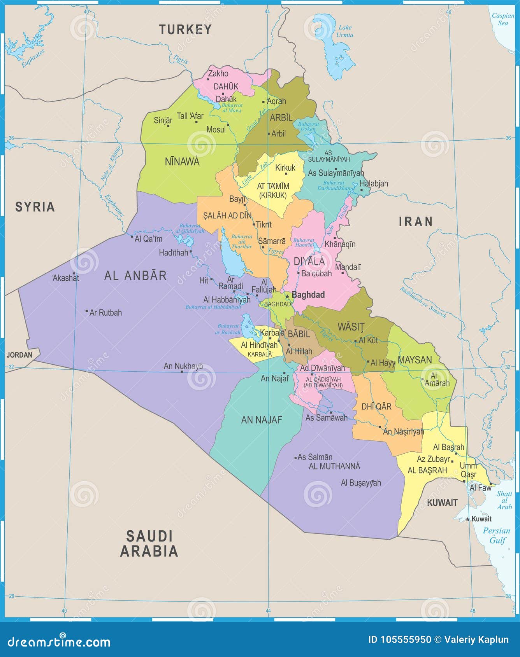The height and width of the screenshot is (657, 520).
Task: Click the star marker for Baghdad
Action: (x=287, y=296)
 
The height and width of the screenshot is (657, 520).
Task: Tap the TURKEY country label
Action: (x=185, y=30)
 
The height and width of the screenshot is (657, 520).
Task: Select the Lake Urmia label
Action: (x=345, y=31)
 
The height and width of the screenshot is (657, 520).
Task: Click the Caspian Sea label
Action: (x=503, y=19)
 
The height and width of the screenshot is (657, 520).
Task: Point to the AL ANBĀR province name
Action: (x=135, y=276)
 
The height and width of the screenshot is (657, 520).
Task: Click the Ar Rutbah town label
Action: (x=105, y=313)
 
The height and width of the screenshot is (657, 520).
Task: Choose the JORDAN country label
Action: (x=19, y=355)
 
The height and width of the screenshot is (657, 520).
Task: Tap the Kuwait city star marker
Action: (x=468, y=519)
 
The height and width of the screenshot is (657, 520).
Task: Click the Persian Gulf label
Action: (x=496, y=535)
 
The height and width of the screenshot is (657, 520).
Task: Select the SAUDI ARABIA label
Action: (x=149, y=543)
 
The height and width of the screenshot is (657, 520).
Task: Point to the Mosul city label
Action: (x=216, y=129)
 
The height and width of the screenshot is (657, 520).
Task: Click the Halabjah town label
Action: (x=374, y=183)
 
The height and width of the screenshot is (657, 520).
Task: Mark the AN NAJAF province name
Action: (x=262, y=420)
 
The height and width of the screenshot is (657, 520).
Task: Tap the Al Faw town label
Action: (x=480, y=488)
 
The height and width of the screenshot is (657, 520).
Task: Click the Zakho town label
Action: (x=218, y=73)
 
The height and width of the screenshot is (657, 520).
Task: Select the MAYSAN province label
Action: (x=415, y=360)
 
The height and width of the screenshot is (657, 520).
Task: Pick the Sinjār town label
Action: (x=163, y=120)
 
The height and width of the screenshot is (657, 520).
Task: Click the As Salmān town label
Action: (x=315, y=457)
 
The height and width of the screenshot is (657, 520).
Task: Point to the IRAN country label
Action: (x=416, y=222)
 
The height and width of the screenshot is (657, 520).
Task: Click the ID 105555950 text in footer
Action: (x=400, y=640)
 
